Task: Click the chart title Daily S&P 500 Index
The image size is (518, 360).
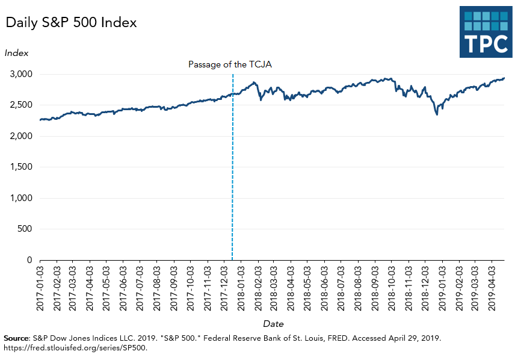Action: pyautogui.click(x=72, y=23)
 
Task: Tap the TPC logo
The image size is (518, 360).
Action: pyautogui.click(x=486, y=32)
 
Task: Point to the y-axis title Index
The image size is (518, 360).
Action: pyautogui.click(x=16, y=53)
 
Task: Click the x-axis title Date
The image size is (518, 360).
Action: pyautogui.click(x=273, y=323)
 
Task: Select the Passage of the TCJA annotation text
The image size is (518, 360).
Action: pyautogui.click(x=230, y=64)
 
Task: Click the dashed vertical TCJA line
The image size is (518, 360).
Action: pyautogui.click(x=232, y=181)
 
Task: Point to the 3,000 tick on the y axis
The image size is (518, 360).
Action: pyautogui.click(x=20, y=74)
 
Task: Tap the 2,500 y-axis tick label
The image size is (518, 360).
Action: pyautogui.click(x=20, y=105)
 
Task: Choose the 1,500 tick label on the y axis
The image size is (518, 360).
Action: pyautogui.click(x=20, y=167)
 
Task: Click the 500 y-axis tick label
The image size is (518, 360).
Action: pyautogui.click(x=24, y=229)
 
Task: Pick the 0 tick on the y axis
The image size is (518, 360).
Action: pyautogui.click(x=29, y=260)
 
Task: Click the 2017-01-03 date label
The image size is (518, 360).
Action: pyautogui.click(x=40, y=288)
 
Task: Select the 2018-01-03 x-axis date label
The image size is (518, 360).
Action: pyautogui.click(x=241, y=288)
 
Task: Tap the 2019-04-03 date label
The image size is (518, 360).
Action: pyautogui.click(x=492, y=288)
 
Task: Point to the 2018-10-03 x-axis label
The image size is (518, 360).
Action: pyautogui.click(x=392, y=288)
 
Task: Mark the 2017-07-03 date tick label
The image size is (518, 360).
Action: pyautogui.click(x=141, y=288)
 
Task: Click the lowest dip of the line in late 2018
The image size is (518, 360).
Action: pyautogui.click(x=437, y=114)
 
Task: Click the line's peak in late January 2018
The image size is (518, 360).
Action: pyautogui.click(x=254, y=82)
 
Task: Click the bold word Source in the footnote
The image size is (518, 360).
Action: pyautogui.click(x=16, y=338)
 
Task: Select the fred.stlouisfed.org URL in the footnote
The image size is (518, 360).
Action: pyautogui.click(x=75, y=347)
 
